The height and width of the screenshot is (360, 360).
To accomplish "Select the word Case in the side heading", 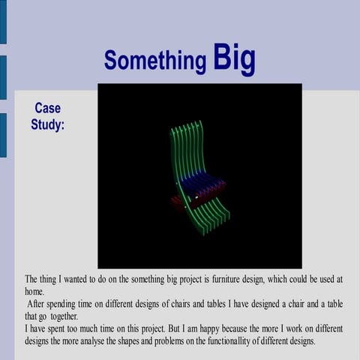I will point(47,108).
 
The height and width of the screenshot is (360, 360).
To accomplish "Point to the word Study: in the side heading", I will point(47,124).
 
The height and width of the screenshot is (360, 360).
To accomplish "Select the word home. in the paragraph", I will point(34,292).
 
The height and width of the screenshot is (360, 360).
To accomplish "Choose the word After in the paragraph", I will point(36,304).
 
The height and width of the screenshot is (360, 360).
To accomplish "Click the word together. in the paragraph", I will point(70,316).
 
